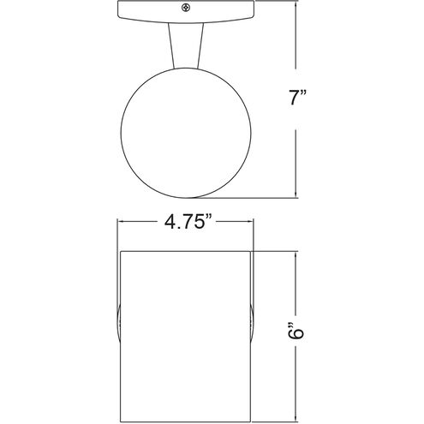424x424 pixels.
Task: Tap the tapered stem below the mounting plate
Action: click(x=184, y=47)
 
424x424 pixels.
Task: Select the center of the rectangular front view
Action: click(x=184, y=334)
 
